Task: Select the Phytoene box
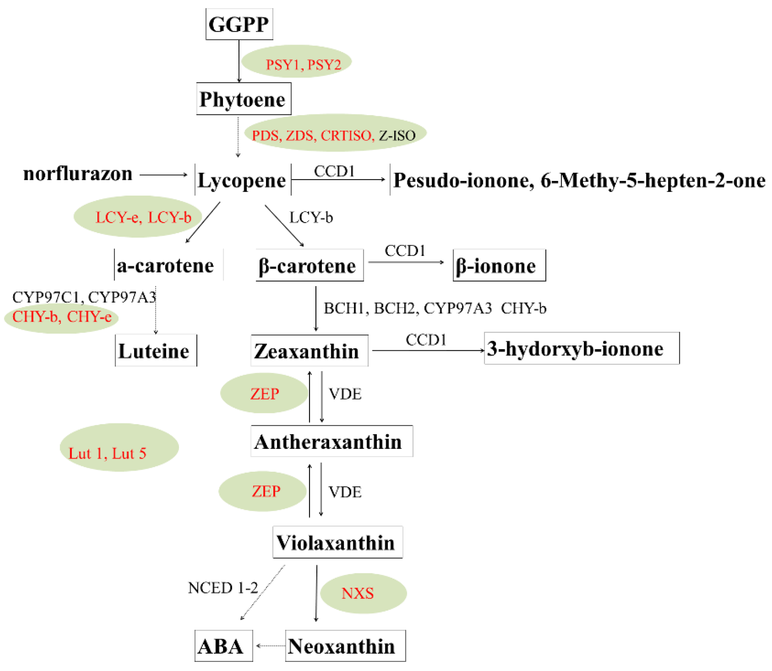click(x=243, y=99)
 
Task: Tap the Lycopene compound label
click(x=242, y=180)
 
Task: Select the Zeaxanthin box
click(x=309, y=351)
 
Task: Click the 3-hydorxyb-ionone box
click(x=581, y=349)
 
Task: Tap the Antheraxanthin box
click(x=331, y=442)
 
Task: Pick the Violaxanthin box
click(x=337, y=543)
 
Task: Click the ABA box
click(x=223, y=646)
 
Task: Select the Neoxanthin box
click(x=345, y=646)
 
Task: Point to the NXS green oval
click(x=363, y=593)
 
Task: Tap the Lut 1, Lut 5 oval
click(x=119, y=448)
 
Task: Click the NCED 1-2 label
click(x=223, y=588)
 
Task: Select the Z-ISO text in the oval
click(x=397, y=136)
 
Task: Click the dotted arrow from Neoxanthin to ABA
click(x=270, y=646)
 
